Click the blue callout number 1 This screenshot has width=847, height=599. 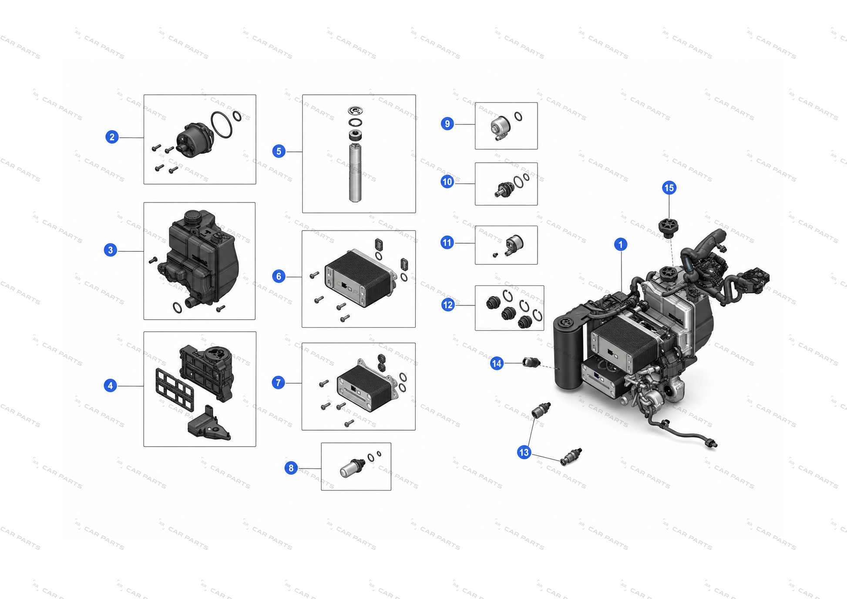621,244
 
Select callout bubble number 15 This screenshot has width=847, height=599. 669,188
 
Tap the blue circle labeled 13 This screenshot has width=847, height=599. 524,452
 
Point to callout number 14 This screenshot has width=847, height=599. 497,363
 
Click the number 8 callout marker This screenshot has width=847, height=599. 291,468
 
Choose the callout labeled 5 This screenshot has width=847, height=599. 279,151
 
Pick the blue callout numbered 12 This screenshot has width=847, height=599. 448,305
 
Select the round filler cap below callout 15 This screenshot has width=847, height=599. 669,228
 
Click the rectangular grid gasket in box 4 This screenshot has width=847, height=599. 175,390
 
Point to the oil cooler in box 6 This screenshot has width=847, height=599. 360,278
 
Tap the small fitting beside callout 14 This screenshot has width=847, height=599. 531,362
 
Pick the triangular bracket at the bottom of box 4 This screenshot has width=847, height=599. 209,424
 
